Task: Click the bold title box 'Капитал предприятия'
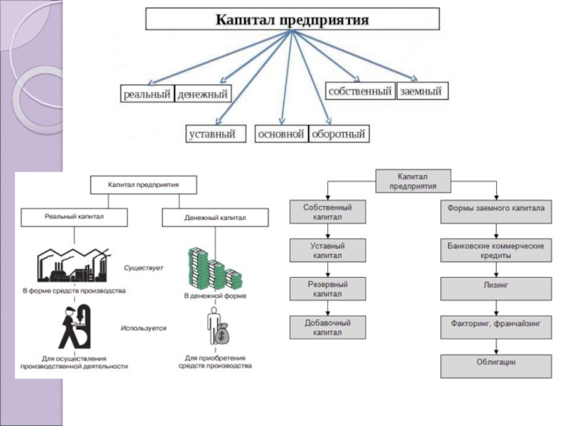point(293,19)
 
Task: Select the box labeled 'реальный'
point(147,94)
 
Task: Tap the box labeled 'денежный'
point(202,94)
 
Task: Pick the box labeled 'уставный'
point(216,133)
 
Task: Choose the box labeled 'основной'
point(281,133)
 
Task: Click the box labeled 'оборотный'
point(339,133)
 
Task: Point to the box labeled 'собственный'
point(360,91)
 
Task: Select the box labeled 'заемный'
point(422,91)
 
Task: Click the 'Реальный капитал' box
point(75,217)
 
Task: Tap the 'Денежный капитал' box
point(215,217)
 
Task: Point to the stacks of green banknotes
point(214,268)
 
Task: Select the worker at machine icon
point(75,327)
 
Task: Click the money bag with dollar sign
point(222,334)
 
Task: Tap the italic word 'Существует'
point(143,268)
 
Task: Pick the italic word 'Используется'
point(143,328)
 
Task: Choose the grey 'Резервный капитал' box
point(327,289)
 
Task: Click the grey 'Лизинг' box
point(496,289)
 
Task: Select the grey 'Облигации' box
point(496,366)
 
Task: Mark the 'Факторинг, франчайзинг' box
point(496,327)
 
